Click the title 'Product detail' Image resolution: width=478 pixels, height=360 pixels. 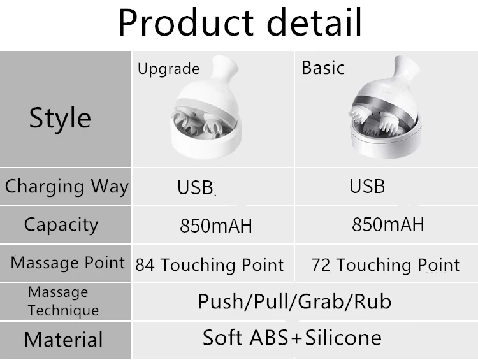click(x=240, y=24)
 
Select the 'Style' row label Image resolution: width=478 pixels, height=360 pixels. click(x=60, y=118)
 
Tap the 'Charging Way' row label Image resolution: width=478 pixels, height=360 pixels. click(x=66, y=187)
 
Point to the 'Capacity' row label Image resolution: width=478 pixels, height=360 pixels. click(x=61, y=224)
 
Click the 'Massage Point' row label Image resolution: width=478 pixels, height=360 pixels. click(x=68, y=263)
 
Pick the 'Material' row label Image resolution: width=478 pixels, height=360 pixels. click(x=63, y=339)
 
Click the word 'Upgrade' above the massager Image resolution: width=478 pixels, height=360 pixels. click(x=168, y=69)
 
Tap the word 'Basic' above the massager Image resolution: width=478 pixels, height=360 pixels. click(x=322, y=68)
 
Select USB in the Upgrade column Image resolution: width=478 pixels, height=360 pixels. click(x=196, y=188)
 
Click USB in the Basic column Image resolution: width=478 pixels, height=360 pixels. click(x=367, y=186)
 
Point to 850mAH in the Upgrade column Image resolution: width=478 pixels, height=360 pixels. click(x=215, y=226)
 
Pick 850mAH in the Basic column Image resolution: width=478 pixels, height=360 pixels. click(x=387, y=225)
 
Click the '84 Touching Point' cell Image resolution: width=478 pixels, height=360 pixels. click(x=209, y=264)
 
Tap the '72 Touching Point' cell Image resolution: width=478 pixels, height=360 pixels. click(x=385, y=264)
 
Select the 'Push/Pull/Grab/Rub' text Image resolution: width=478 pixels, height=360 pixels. click(x=294, y=301)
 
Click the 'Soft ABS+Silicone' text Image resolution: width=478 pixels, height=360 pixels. click(x=292, y=337)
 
